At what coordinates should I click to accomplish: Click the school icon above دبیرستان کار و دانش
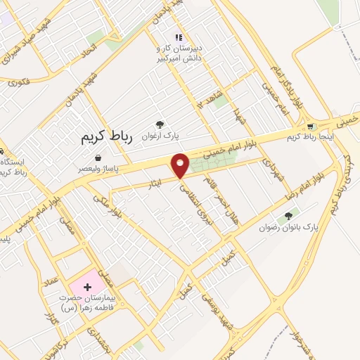[178, 37]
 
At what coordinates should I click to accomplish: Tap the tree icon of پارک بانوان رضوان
[288, 216]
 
